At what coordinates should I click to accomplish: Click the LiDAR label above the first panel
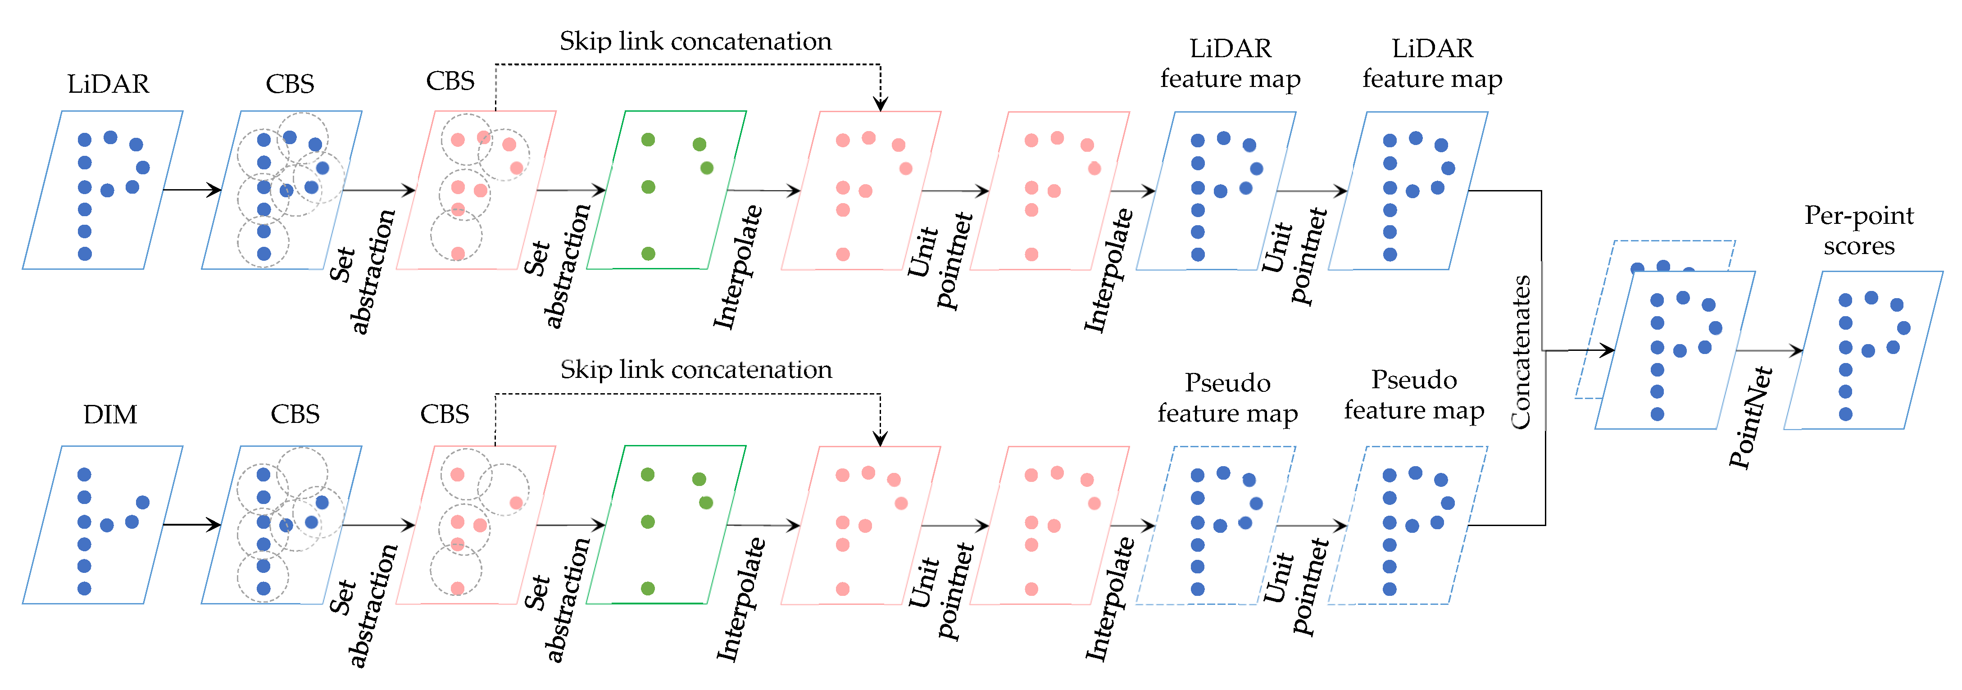tap(108, 84)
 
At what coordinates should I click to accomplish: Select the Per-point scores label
tap(1858, 230)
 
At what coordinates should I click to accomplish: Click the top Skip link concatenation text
tap(695, 41)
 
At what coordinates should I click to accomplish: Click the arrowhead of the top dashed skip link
tap(881, 104)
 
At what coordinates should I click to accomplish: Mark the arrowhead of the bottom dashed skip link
tap(881, 439)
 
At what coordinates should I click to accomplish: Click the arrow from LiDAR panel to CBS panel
tap(192, 190)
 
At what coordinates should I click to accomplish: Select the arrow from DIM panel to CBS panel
tap(192, 525)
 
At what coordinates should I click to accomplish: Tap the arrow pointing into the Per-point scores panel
tap(1769, 350)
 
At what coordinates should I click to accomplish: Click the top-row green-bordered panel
tap(667, 190)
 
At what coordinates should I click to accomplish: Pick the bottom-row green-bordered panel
tap(667, 525)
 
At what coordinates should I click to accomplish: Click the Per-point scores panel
tap(1863, 350)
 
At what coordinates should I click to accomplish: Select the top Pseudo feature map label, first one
tap(1228, 398)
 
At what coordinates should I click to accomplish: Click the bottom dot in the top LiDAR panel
tap(85, 254)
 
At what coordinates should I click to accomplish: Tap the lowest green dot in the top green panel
tap(648, 254)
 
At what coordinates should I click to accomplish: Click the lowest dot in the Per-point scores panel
tap(1845, 414)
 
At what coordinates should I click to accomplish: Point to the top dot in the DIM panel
tap(85, 474)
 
